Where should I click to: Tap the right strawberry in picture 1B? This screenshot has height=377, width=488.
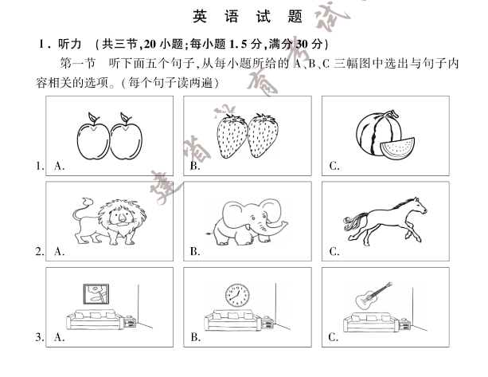(x=264, y=135)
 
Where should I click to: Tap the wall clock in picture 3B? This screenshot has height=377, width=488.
(x=236, y=295)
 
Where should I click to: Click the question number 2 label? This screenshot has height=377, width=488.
(x=38, y=252)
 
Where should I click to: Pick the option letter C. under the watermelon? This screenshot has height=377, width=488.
(x=335, y=166)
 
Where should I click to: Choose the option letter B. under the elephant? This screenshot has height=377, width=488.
(x=195, y=252)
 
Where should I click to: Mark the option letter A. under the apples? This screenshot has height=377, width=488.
(x=59, y=166)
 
